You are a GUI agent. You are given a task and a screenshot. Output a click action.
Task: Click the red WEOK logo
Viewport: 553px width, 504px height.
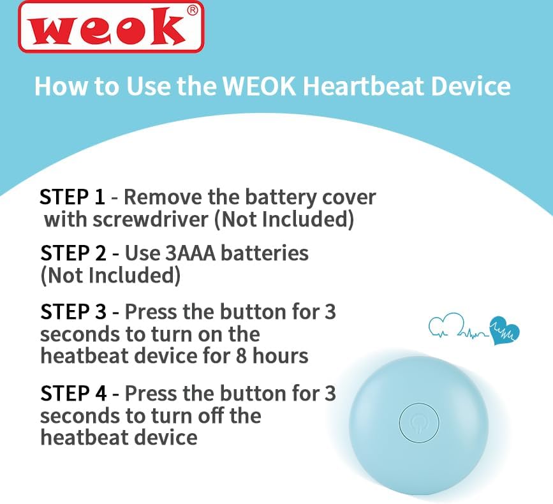coord(111,27)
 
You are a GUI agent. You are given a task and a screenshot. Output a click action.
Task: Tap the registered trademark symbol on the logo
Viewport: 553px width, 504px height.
coord(193,11)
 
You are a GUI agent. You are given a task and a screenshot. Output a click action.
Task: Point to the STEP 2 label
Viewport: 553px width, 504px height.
coord(73,253)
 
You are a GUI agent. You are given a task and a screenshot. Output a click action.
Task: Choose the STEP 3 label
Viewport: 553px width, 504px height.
coord(73,312)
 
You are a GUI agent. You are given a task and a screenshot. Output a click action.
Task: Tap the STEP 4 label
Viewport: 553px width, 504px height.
coord(73,393)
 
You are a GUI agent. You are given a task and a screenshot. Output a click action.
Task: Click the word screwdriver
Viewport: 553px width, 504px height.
coord(151,219)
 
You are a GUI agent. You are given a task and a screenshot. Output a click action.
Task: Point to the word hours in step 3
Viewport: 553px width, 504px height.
coord(281,355)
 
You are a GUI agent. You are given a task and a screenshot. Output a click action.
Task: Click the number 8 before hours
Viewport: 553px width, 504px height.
coord(241,356)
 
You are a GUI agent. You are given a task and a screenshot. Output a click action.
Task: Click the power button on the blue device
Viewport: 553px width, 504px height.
coord(419,423)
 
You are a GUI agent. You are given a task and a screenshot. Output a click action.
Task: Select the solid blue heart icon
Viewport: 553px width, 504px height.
coord(505,330)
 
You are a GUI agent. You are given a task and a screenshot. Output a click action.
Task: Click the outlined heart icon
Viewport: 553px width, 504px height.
coord(446,325)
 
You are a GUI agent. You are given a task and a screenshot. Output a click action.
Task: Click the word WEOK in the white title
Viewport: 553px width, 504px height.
coord(259,86)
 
